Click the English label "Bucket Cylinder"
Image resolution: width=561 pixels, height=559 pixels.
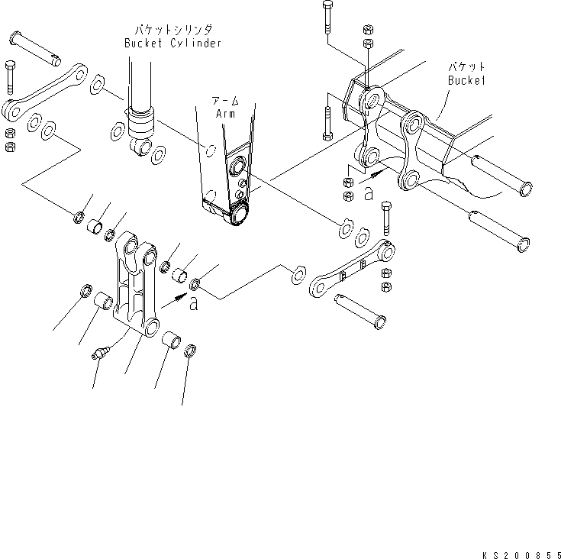point(173,44)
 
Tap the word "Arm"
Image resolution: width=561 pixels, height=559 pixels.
point(224,112)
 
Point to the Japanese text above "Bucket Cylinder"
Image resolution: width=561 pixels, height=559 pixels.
point(173,31)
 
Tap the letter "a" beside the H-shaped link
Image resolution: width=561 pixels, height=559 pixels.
point(194,305)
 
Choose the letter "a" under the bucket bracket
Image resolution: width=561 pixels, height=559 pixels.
point(368,195)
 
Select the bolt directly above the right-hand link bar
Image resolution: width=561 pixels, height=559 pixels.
point(385,219)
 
